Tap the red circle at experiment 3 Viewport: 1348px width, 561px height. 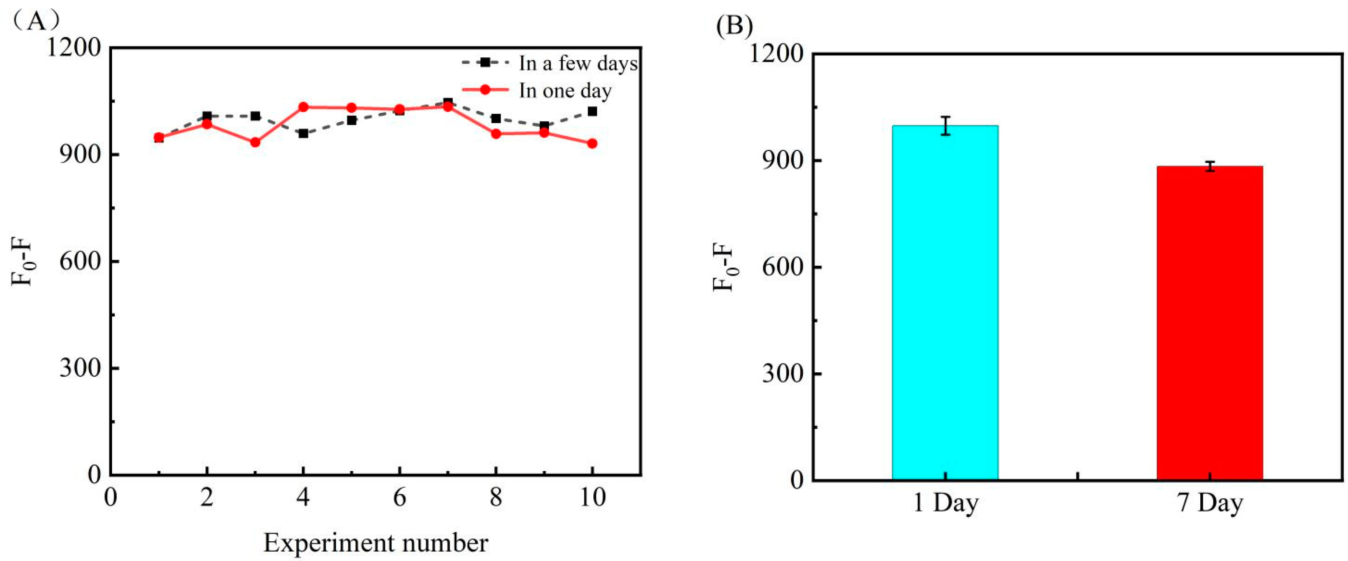click(x=255, y=142)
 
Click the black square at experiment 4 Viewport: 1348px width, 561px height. click(x=303, y=133)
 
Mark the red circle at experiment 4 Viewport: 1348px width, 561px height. click(x=303, y=107)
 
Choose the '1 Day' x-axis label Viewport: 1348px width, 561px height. click(x=945, y=503)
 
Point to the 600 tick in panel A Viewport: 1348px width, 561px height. click(x=79, y=261)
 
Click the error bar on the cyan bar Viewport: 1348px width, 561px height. click(x=945, y=126)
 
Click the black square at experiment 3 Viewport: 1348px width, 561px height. click(x=255, y=116)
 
